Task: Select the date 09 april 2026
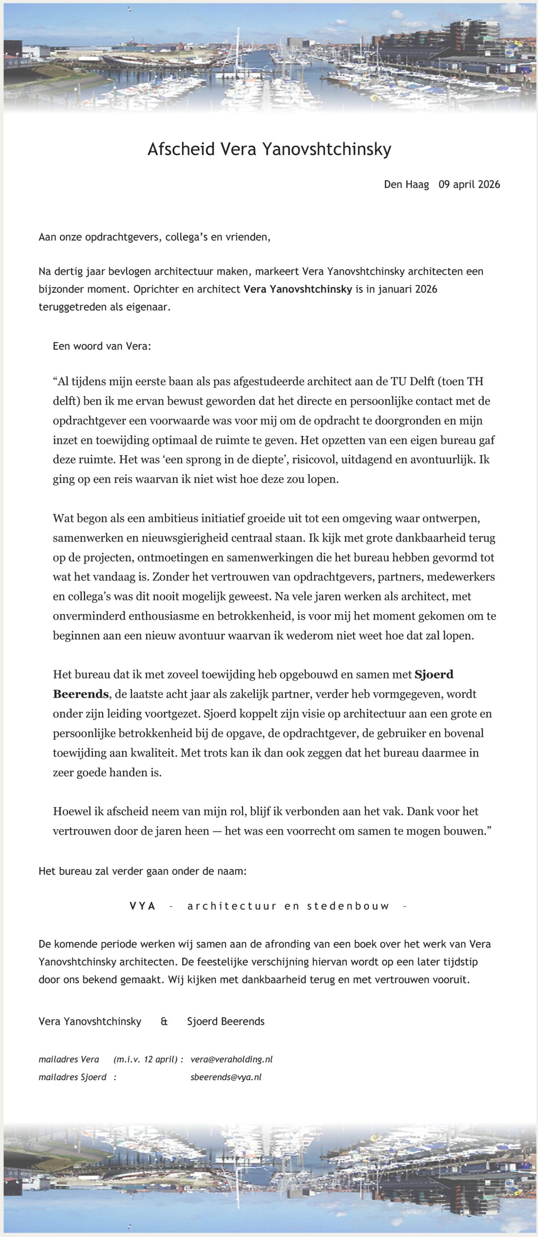(469, 184)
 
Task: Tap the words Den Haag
(406, 184)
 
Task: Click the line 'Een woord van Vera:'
(102, 346)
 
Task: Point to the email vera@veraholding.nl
(231, 1059)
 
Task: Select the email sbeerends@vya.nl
(226, 1077)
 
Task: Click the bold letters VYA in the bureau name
(143, 906)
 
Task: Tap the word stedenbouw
(348, 906)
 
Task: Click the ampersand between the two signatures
(164, 1021)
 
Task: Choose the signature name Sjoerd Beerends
(226, 1021)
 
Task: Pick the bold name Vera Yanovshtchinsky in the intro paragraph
(297, 289)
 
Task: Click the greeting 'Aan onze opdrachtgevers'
(100, 237)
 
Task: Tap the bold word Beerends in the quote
(81, 694)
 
